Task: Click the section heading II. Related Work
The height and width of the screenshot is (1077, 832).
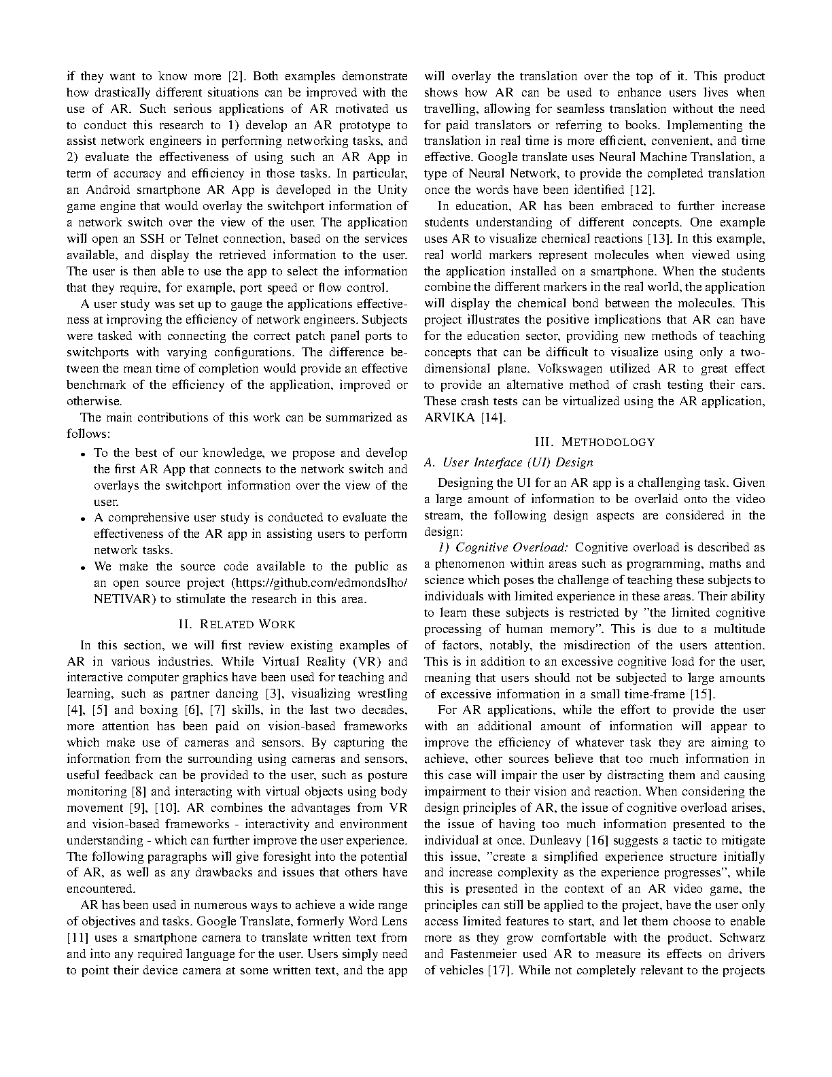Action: pos(237,623)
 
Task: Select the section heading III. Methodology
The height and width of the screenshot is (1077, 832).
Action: pos(595,442)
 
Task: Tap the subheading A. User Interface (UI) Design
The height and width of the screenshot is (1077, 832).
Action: pos(508,462)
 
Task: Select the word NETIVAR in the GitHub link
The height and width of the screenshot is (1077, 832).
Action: pos(117,599)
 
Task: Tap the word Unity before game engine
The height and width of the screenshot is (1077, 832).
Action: pos(392,190)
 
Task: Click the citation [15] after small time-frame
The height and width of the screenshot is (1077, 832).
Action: pos(701,694)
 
